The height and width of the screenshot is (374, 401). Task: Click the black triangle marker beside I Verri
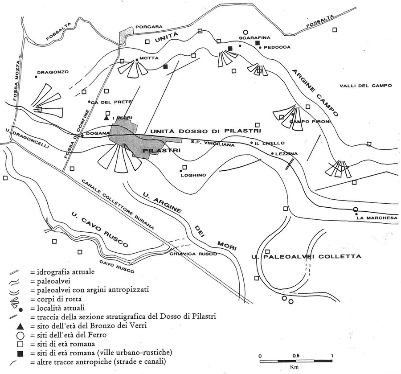click(x=106, y=118)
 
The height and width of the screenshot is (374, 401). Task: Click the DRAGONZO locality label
click(x=53, y=72)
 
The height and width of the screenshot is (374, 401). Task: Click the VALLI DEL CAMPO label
click(x=366, y=86)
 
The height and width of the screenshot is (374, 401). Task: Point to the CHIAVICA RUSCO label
click(x=193, y=254)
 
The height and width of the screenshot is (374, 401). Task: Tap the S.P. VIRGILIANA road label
click(x=213, y=143)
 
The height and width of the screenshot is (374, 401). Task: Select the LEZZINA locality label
click(x=286, y=154)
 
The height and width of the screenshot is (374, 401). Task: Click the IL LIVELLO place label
click(x=269, y=143)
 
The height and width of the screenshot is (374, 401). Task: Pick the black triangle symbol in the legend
click(x=20, y=326)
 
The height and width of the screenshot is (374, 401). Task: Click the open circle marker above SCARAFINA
click(x=246, y=32)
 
